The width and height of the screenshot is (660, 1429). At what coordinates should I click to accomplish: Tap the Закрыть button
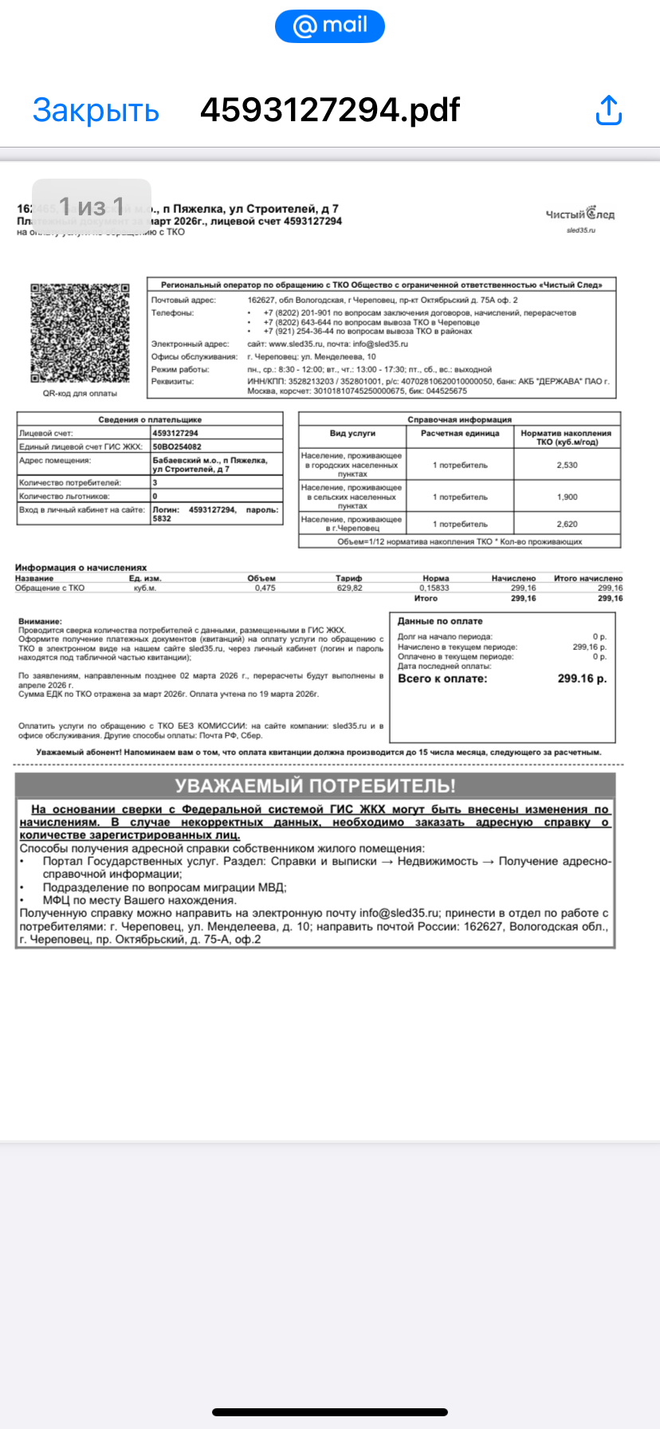96,110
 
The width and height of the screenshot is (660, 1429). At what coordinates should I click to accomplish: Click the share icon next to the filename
608,110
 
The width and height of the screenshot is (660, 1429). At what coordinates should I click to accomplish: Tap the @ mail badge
330,26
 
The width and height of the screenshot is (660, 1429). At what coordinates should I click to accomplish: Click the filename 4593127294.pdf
330,110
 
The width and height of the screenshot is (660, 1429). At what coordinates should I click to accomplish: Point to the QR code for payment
80,333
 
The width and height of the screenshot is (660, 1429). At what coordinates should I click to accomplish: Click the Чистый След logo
580,215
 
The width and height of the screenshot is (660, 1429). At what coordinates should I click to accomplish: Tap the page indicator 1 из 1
92,207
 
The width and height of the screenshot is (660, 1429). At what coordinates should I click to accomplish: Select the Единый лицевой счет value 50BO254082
177,447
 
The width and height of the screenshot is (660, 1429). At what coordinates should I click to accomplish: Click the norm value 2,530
567,465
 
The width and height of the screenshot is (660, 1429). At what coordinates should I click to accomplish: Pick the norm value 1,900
567,497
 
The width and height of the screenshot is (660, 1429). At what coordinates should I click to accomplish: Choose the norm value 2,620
567,524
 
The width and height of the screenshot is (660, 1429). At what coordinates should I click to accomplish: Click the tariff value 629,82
349,588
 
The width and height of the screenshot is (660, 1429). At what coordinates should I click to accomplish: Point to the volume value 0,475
265,588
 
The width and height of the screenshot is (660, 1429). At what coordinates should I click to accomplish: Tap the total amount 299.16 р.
582,679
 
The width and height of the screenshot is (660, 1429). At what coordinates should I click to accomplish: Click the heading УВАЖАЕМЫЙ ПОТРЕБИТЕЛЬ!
315,785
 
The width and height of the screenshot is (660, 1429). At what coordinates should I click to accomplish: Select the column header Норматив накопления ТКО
567,437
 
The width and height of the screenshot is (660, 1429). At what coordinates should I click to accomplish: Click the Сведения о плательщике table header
150,419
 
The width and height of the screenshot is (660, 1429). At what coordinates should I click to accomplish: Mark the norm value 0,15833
434,588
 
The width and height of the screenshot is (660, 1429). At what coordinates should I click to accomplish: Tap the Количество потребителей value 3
155,482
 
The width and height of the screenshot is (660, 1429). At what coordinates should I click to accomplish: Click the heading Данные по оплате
440,621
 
